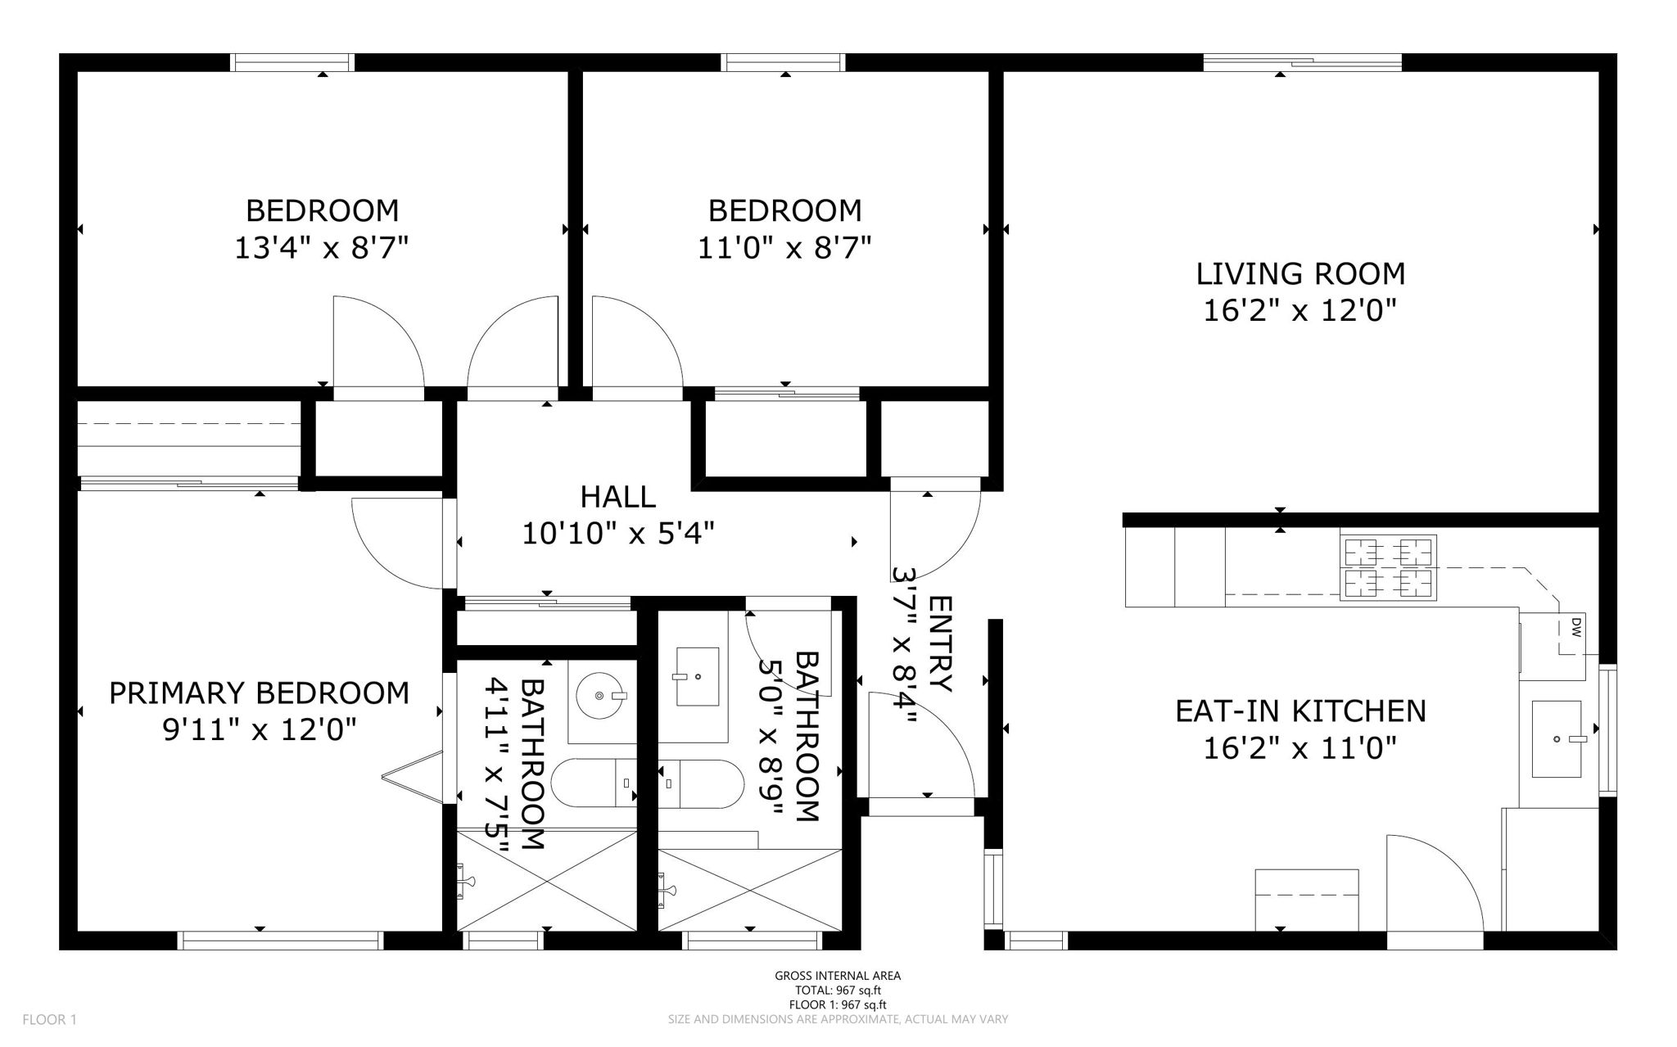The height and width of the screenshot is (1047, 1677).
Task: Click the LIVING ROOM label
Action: (1300, 273)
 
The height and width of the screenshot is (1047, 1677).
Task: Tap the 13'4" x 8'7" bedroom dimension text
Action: (321, 247)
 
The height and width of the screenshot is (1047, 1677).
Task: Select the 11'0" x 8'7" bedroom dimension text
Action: (784, 247)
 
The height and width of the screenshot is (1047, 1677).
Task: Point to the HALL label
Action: (617, 497)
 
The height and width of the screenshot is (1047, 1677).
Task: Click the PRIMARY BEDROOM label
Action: (259, 693)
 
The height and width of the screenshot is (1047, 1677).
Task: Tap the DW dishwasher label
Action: (1575, 629)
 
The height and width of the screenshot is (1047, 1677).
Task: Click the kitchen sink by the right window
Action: (1557, 738)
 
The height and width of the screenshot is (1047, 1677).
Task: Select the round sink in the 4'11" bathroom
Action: (601, 696)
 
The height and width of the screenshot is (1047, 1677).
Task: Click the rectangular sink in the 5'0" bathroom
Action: (696, 676)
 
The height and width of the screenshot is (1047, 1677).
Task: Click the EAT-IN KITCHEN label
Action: (1300, 711)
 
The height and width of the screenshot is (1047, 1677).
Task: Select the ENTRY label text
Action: (940, 643)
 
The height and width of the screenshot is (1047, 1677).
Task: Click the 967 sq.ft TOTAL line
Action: (838, 991)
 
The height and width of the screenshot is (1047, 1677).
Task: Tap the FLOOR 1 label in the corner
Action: (49, 1020)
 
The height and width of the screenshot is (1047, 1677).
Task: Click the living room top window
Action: (1302, 62)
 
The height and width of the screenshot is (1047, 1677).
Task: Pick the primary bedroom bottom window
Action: (280, 941)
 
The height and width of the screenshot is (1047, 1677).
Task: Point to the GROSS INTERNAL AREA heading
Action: (838, 976)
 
